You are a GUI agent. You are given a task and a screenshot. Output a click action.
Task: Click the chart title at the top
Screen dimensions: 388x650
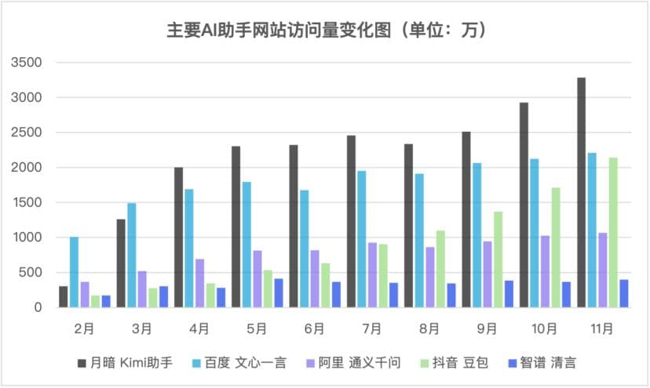326,31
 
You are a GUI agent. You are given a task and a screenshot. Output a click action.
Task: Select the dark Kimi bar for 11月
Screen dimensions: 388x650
582,192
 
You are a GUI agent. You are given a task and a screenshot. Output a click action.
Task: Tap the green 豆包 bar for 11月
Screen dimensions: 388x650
613,232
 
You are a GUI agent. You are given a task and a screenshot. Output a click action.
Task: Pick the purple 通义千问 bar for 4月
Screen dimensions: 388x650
199,283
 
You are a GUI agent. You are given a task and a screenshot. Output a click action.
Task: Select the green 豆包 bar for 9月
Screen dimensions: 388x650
498,259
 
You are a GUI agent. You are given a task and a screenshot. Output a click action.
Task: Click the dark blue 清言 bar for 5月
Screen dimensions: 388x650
279,292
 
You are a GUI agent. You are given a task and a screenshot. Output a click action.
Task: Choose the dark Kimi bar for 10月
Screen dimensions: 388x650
524,205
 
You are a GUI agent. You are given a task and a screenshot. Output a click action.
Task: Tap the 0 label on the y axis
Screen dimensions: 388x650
36,307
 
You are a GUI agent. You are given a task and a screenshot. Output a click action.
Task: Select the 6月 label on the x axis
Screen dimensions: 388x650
314,328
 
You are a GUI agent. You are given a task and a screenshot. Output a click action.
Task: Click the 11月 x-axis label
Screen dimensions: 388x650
603,328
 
